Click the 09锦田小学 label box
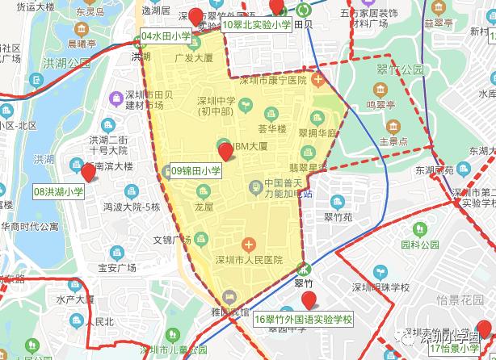[x=196, y=170]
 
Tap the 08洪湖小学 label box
[x=58, y=192]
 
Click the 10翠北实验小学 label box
[x=257, y=25]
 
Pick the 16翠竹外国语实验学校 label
[x=304, y=320]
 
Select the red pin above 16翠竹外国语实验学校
[x=309, y=300]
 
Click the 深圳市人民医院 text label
[x=249, y=260]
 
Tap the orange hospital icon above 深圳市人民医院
[x=249, y=243]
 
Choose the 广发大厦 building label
[x=193, y=58]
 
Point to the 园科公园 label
[x=419, y=243]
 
